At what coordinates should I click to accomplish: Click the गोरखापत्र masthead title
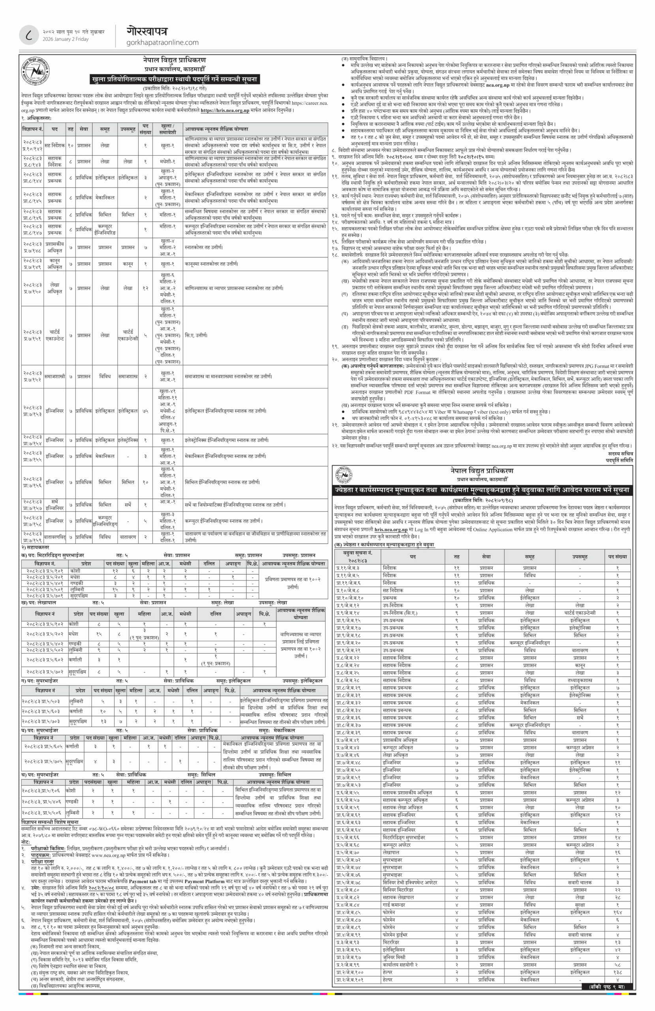pos(146,31)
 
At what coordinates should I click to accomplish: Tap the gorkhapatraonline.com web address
pos(162,43)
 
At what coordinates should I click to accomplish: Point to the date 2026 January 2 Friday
pos(66,39)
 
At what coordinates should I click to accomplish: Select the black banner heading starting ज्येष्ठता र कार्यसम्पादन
pos(482,490)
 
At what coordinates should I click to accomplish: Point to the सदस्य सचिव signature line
pos(620,453)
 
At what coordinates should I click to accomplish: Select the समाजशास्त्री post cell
pos(55,376)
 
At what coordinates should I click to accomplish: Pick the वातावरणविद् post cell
pos(55,537)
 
